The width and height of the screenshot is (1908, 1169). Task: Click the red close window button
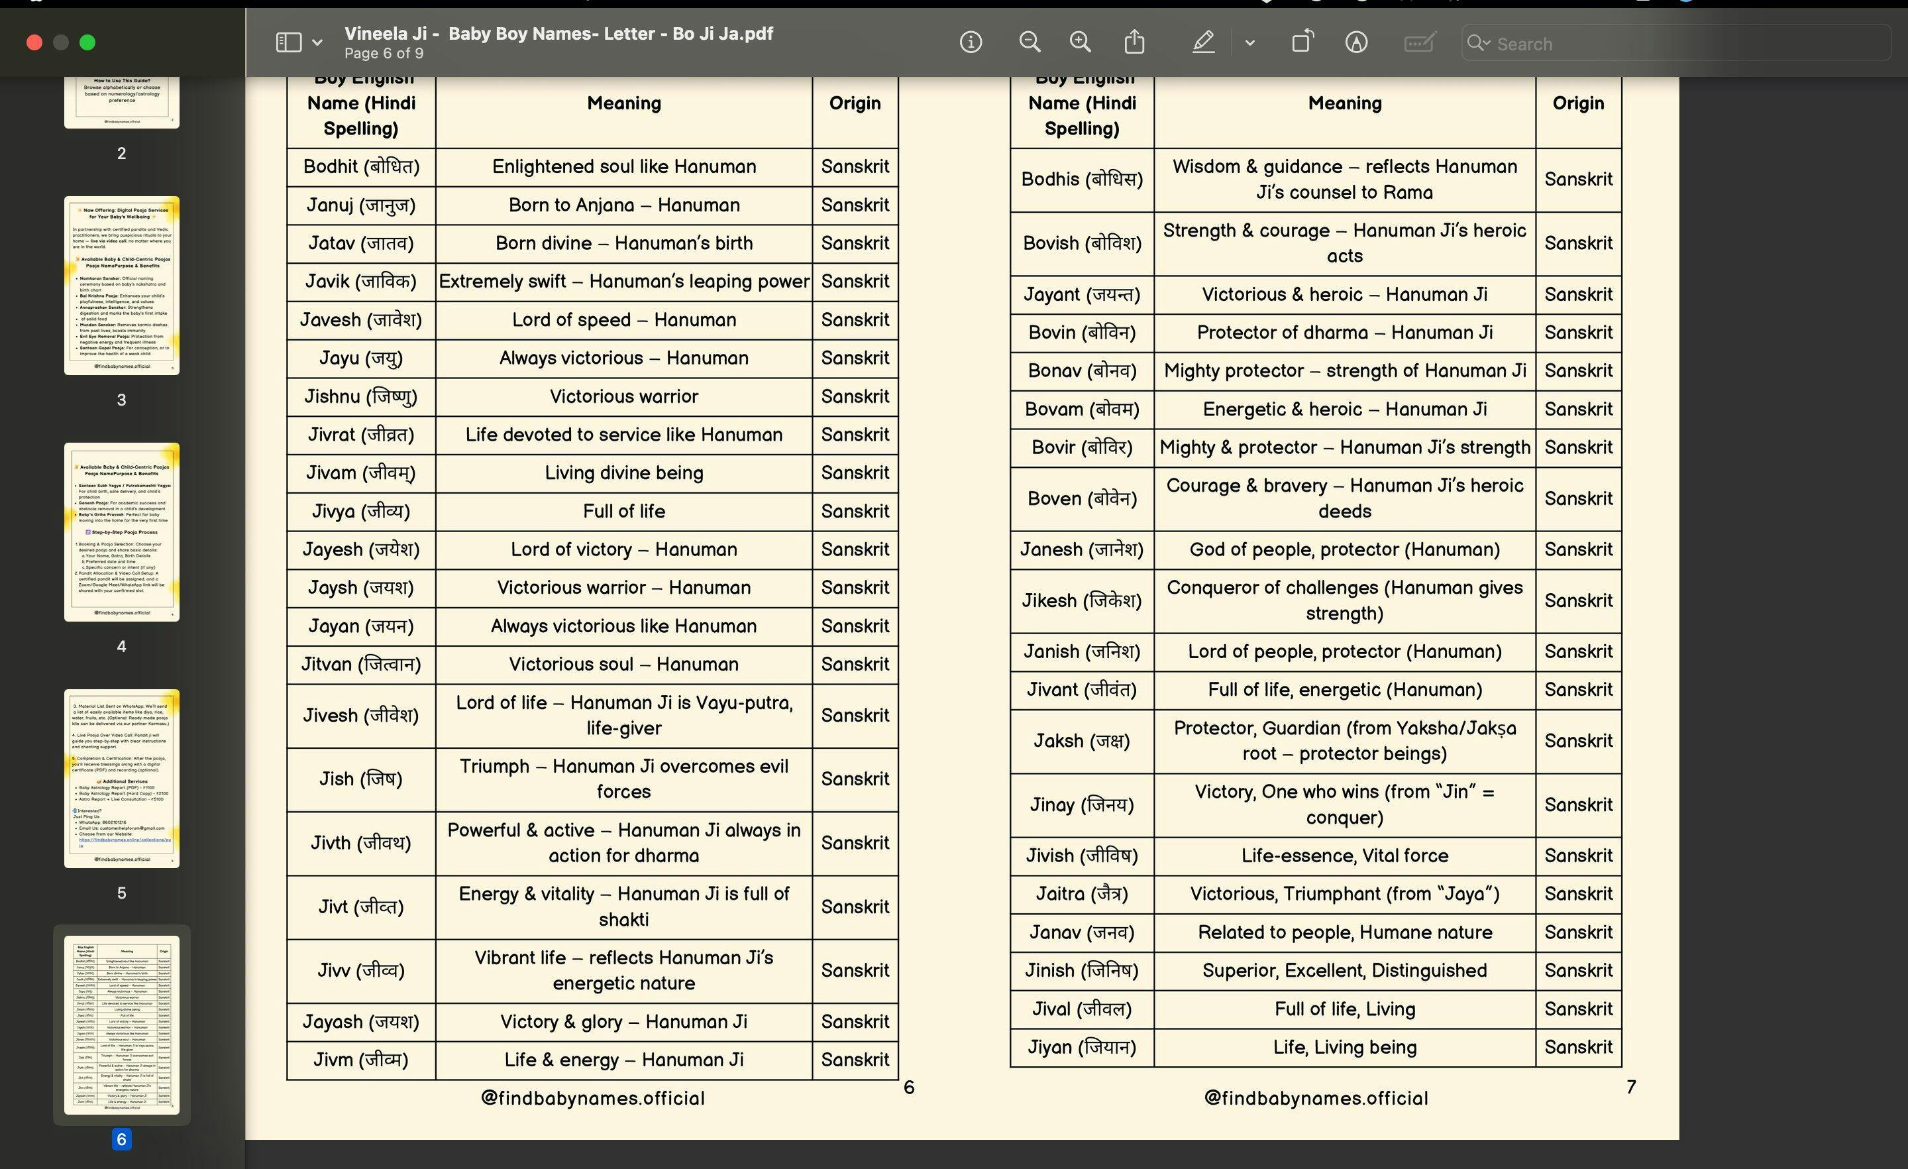[34, 42]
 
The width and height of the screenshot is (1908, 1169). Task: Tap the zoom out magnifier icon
[1029, 42]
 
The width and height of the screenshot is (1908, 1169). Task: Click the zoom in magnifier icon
[1081, 42]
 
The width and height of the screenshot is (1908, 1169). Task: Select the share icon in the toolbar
[1134, 42]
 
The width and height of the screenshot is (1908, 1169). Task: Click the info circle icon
[971, 42]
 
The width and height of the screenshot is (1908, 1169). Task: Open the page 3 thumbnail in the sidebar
[122, 286]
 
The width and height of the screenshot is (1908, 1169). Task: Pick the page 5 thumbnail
[122, 779]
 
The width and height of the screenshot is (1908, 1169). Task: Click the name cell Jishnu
[361, 397]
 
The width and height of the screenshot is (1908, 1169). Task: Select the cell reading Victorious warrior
[623, 397]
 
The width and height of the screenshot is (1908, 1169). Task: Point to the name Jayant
[1082, 294]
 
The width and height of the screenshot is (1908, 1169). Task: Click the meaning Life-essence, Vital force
[1344, 856]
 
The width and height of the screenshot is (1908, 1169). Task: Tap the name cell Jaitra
[1082, 894]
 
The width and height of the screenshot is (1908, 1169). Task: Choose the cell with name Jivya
[361, 512]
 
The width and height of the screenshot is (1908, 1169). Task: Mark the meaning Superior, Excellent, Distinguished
[1344, 971]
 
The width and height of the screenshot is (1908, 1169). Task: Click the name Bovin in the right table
[1082, 332]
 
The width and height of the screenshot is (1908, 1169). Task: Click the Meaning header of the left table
[623, 103]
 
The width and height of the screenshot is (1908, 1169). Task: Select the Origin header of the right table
[1578, 103]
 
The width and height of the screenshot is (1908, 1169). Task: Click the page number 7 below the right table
[1631, 1087]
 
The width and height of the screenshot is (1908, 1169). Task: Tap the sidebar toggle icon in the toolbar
[289, 42]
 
